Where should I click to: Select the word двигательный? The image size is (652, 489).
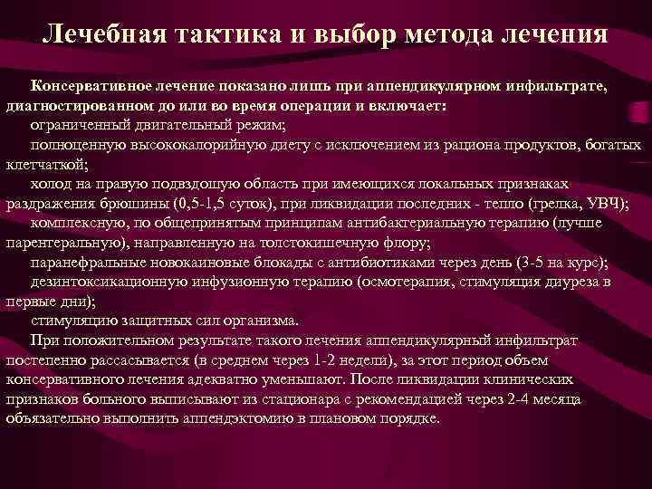pyautogui.click(x=179, y=123)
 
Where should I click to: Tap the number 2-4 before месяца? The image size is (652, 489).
pyautogui.click(x=510, y=399)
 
